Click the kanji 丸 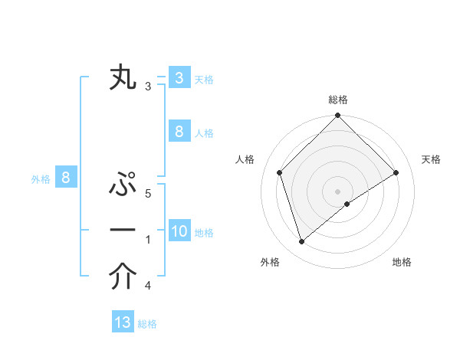123,79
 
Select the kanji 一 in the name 123,230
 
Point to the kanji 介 123,277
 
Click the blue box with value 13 123,322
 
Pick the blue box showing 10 179,231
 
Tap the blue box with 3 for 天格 179,78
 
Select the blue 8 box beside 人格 179,132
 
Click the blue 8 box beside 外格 66,178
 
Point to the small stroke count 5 148,194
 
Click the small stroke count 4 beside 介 148,286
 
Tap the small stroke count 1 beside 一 148,240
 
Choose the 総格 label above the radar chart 337,100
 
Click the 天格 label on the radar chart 432,159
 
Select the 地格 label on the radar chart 402,262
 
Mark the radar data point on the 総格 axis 337,116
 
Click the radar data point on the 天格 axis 396,172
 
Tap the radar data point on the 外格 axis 301,242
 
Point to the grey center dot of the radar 337,191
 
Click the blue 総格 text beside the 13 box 147,324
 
